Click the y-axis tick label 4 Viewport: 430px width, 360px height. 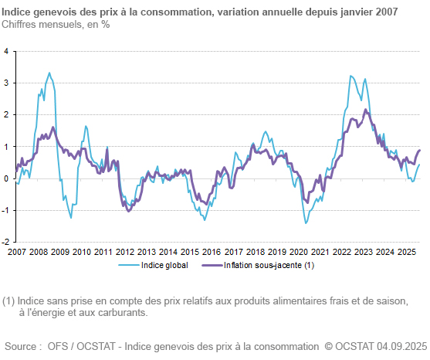[x=6, y=51]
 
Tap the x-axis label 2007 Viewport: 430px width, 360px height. [x=16, y=252]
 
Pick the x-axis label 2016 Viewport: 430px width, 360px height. [x=212, y=252]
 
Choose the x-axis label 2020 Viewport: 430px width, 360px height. [x=298, y=252]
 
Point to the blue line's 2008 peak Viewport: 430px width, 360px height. [x=49, y=73]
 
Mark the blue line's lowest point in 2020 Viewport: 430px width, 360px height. [x=306, y=223]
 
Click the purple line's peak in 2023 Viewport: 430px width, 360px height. [x=366, y=110]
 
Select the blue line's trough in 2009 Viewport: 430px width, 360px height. [x=71, y=217]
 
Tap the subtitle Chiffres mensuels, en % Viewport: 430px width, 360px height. [x=56, y=24]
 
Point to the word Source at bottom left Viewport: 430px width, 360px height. [x=22, y=346]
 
